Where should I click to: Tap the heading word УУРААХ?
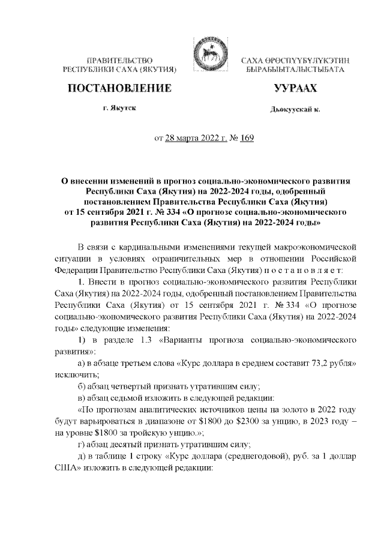click(295, 89)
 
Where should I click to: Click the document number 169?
click(247, 139)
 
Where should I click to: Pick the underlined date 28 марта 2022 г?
click(194, 139)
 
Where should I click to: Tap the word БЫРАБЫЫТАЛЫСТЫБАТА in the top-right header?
click(295, 70)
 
